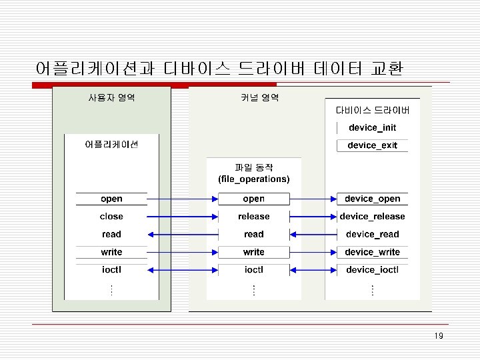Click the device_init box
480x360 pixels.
pyautogui.click(x=372, y=127)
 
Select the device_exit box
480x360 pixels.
pyautogui.click(x=372, y=145)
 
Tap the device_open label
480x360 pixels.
pyautogui.click(x=372, y=199)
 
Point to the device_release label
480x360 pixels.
pyautogui.click(x=372, y=216)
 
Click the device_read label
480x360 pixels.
pyautogui.click(x=372, y=234)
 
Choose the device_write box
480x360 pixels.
pyautogui.click(x=372, y=252)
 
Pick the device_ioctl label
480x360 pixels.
pyautogui.click(x=372, y=269)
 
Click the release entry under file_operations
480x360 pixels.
pyautogui.click(x=253, y=216)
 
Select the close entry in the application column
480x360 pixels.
pyautogui.click(x=111, y=216)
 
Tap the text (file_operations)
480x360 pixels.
pyautogui.click(x=253, y=179)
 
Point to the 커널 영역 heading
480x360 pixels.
pyautogui.click(x=259, y=98)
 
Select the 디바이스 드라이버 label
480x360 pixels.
pyautogui.click(x=372, y=110)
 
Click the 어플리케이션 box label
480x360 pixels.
pyautogui.click(x=111, y=145)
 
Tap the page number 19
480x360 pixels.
pyautogui.click(x=438, y=335)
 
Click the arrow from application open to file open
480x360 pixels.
pyautogui.click(x=182, y=199)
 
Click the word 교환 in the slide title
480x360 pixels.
pyautogui.click(x=392, y=68)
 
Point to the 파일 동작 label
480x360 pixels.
pyautogui.click(x=253, y=167)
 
